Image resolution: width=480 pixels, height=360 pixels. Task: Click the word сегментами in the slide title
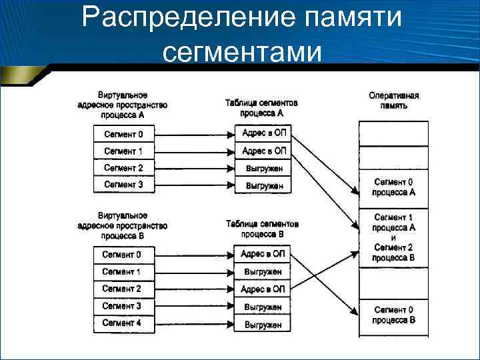241,51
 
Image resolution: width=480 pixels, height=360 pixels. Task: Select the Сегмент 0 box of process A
123,135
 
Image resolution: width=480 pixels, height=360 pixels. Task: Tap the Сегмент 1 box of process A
123,151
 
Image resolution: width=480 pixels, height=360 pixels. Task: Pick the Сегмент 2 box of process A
123,168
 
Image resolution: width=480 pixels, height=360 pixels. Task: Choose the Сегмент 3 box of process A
123,185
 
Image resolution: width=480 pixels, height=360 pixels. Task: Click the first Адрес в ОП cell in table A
263,134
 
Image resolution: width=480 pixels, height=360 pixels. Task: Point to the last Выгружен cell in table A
263,185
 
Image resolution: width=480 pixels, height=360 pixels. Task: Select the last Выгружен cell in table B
263,325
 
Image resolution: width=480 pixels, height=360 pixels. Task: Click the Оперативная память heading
393,101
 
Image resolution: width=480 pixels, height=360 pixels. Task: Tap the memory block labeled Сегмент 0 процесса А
393,187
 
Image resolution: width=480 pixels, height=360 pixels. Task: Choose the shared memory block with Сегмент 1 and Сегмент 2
393,238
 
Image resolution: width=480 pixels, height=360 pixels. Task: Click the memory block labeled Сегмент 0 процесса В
393,315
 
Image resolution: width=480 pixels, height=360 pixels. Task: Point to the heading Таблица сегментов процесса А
261,109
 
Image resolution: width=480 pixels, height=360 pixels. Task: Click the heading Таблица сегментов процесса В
262,229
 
